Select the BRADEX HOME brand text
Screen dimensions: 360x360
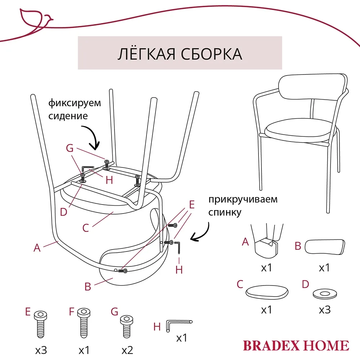pos(296,345)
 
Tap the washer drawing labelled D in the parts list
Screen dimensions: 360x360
pos(325,294)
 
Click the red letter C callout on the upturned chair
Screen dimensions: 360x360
pos(86,228)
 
